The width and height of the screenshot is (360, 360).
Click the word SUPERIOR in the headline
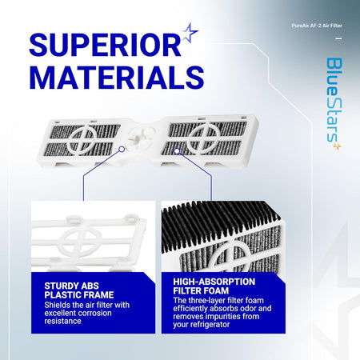point(106,45)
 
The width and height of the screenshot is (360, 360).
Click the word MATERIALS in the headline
point(117,78)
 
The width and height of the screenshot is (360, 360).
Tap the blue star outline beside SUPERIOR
point(190,33)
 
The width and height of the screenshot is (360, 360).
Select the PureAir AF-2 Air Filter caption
point(317,26)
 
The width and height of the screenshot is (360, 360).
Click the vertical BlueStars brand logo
point(334,103)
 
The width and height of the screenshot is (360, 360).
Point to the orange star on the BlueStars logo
point(338,146)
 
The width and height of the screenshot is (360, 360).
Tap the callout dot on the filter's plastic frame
point(122,149)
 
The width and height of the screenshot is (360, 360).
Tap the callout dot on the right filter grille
point(177,151)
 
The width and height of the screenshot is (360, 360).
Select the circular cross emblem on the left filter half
point(82,139)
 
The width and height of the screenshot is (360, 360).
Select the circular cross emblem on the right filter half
point(205,137)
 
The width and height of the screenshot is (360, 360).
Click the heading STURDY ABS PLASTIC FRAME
point(79,290)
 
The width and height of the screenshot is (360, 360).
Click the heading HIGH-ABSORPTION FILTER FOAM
point(214,286)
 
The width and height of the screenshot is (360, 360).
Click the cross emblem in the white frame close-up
point(80,242)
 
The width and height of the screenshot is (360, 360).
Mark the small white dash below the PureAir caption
point(338,38)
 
